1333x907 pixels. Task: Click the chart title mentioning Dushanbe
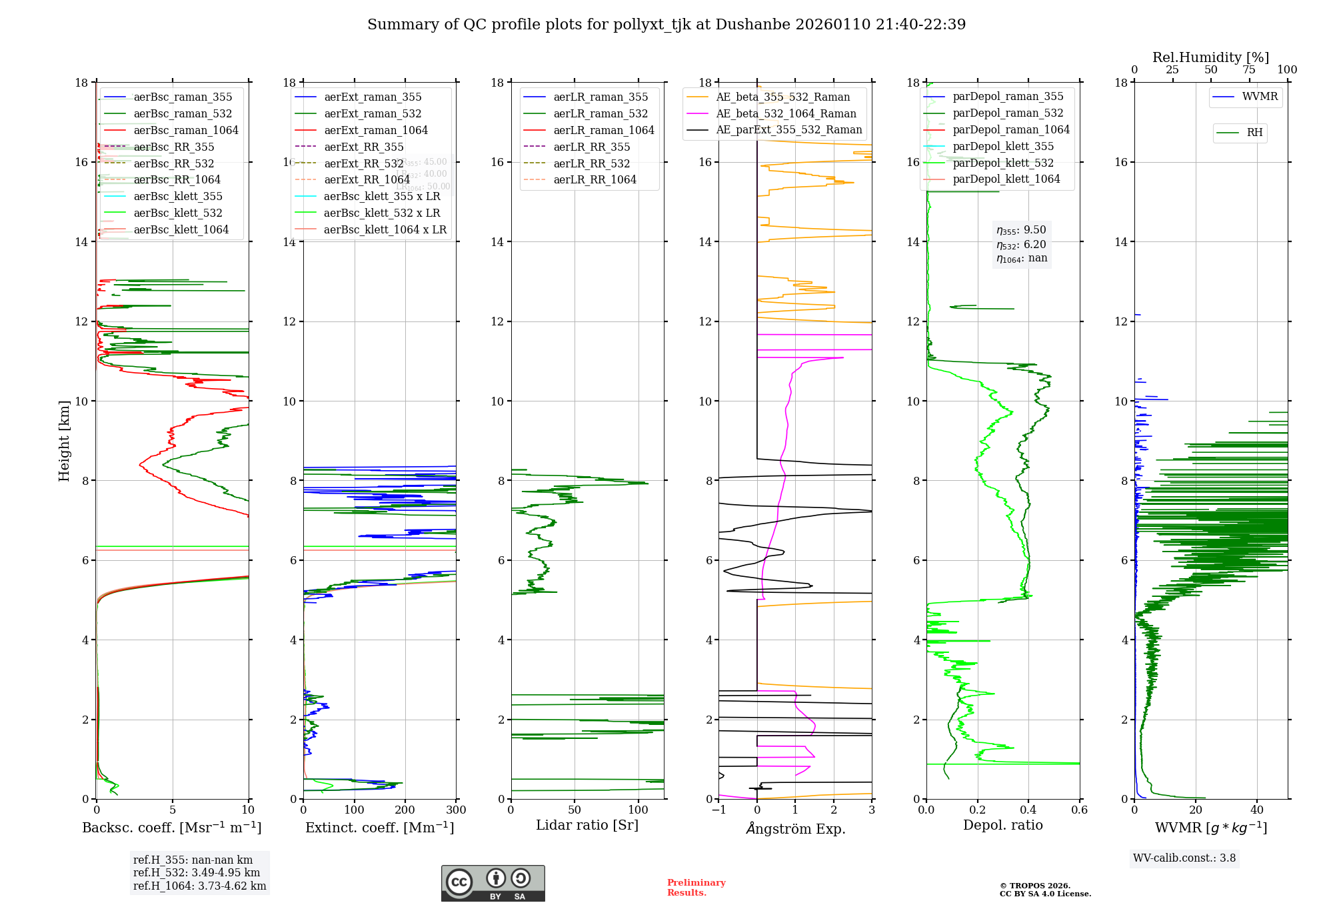coord(666,25)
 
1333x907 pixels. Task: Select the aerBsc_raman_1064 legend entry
coord(185,130)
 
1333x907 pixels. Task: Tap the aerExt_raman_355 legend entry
coord(373,97)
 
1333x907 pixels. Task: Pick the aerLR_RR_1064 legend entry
coord(595,180)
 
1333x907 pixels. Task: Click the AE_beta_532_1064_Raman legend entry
coord(786,113)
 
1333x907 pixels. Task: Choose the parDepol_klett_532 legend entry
coord(1002,163)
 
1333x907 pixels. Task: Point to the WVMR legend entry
coord(1260,97)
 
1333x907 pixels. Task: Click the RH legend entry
coord(1254,133)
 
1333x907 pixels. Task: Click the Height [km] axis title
coord(64,440)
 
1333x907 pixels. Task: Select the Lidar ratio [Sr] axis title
coord(587,826)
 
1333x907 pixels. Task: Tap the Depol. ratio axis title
coord(1002,826)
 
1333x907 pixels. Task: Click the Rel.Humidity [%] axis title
coord(1210,57)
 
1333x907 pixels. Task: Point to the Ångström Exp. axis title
coord(795,828)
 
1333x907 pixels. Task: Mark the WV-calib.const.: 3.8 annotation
coord(1184,858)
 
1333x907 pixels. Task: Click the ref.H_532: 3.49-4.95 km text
coord(197,873)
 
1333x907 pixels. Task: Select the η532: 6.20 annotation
coord(1021,245)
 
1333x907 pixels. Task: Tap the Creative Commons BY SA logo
coord(493,883)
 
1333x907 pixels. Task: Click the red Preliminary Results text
coord(696,888)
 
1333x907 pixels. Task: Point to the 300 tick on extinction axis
coord(457,810)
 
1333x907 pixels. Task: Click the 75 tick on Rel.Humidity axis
coord(1249,70)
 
